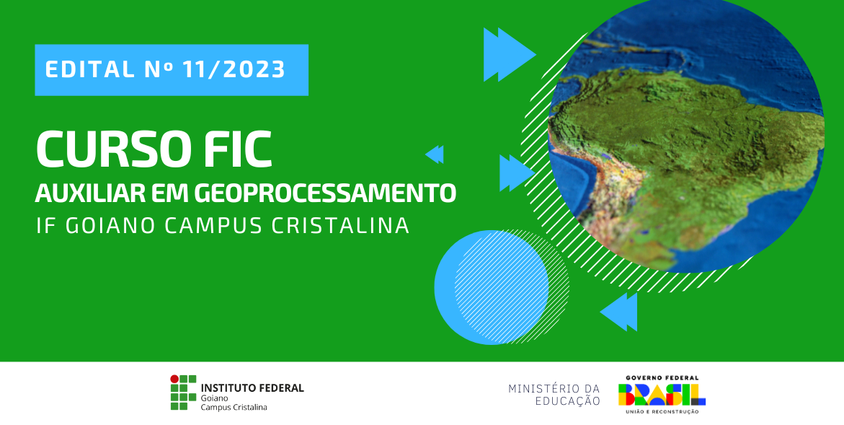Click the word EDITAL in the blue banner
click(x=90, y=69)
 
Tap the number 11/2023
click(x=234, y=69)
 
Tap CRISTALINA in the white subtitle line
click(x=340, y=226)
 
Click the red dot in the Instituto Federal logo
click(x=174, y=379)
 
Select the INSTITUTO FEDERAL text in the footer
click(x=252, y=387)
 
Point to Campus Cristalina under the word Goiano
click(x=234, y=407)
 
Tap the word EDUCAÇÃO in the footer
click(x=567, y=400)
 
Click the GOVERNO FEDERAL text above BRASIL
click(x=662, y=378)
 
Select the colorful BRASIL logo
click(x=662, y=395)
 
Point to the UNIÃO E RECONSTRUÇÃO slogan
click(x=662, y=412)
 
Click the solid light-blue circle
click(x=492, y=287)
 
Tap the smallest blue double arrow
click(x=435, y=154)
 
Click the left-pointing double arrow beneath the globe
click(x=618, y=312)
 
